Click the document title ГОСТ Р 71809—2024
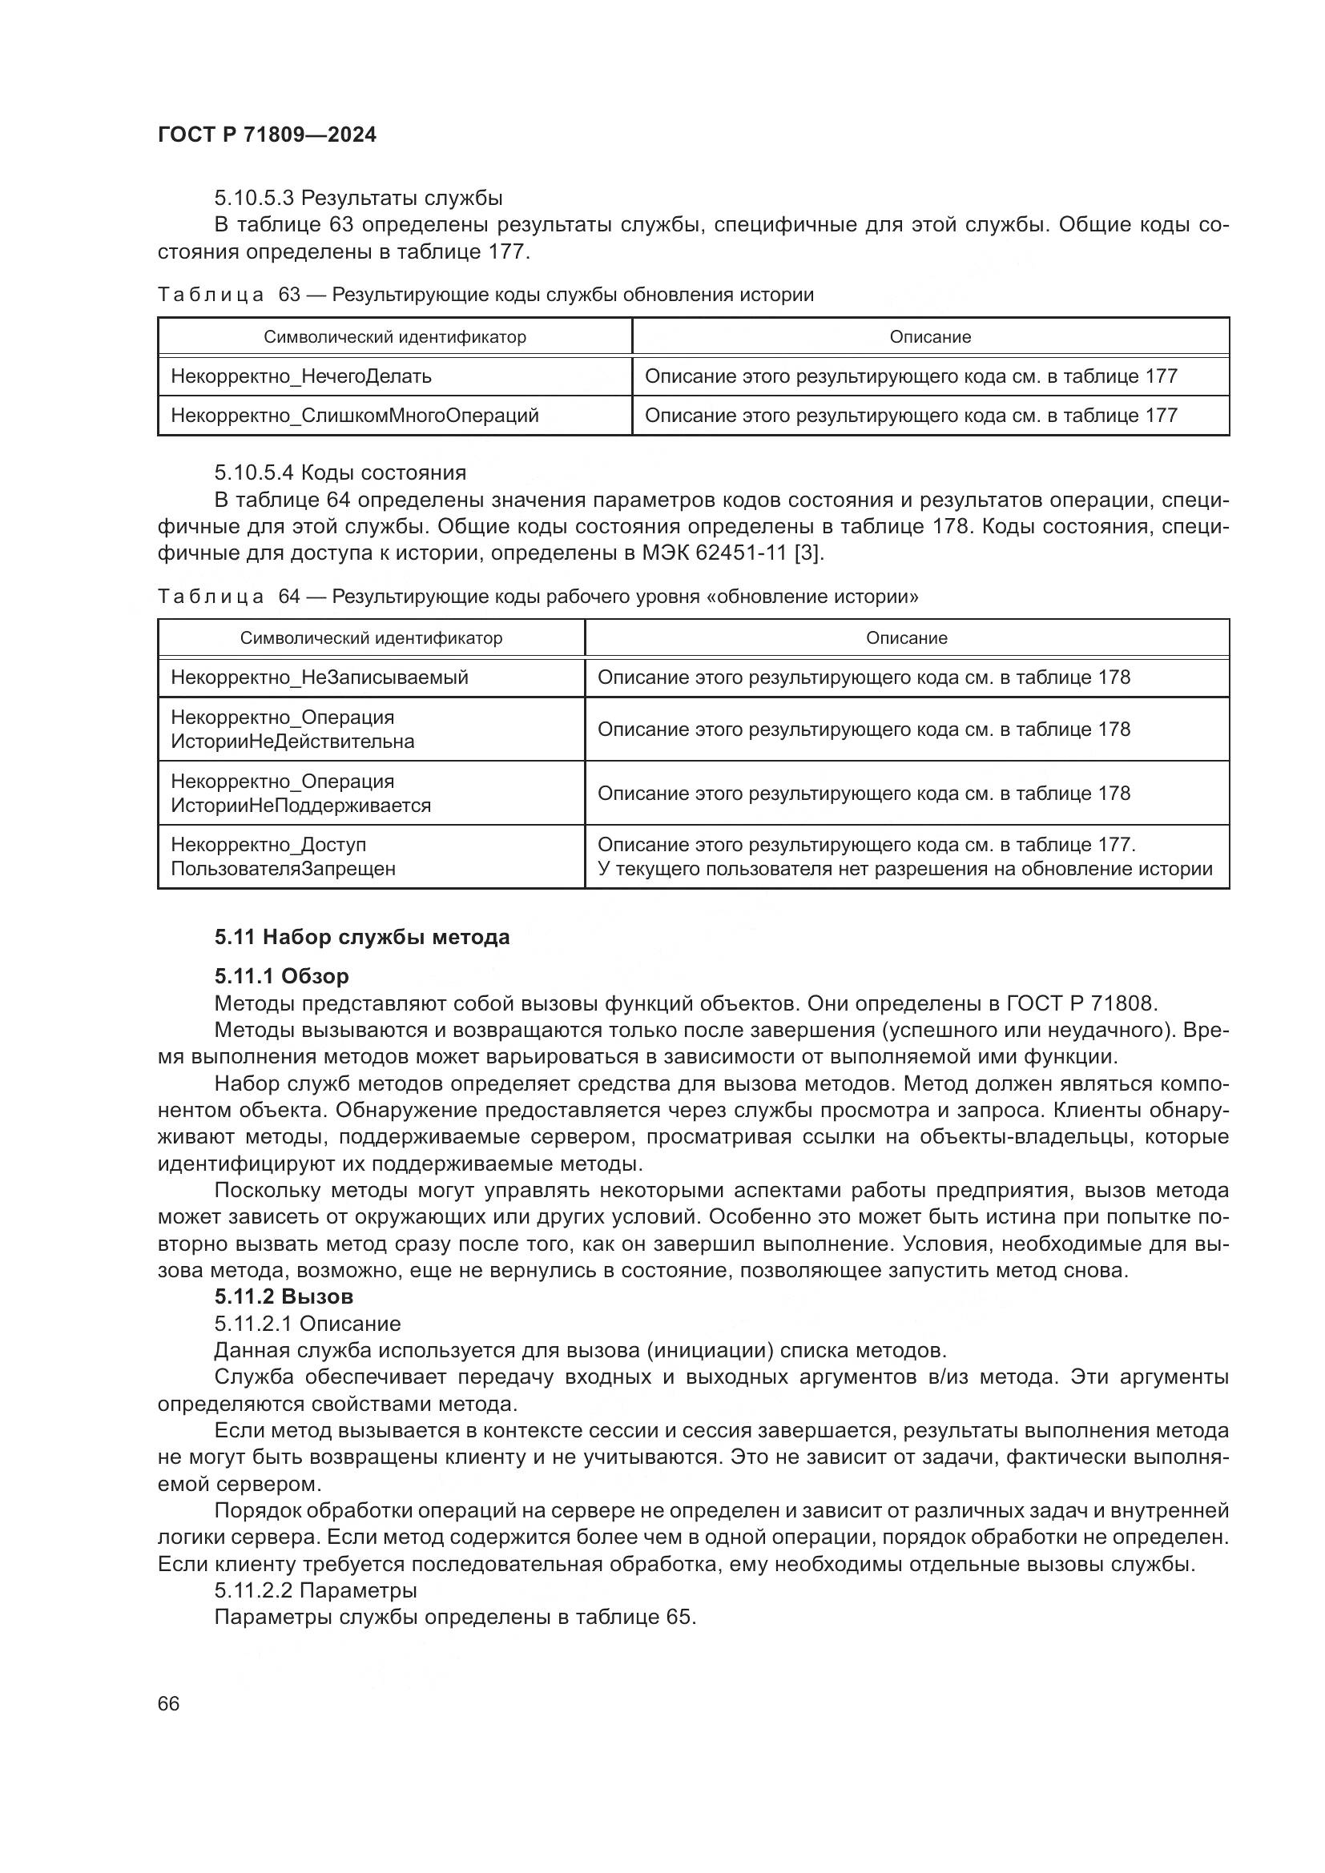267,135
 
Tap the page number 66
168,1703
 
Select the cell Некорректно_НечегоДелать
301,376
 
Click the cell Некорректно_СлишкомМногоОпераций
355,416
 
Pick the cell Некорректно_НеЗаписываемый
319,677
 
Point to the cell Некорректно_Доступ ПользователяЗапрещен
283,857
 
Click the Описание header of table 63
930,337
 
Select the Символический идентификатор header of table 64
371,638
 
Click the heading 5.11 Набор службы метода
361,938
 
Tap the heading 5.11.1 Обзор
281,976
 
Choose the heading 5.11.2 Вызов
284,1297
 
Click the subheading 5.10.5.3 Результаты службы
358,199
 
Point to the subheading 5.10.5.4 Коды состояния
340,473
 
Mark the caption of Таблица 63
485,295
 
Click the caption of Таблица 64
538,597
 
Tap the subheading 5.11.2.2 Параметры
316,1590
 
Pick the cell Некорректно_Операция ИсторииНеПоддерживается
301,793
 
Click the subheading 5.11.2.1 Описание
308,1323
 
